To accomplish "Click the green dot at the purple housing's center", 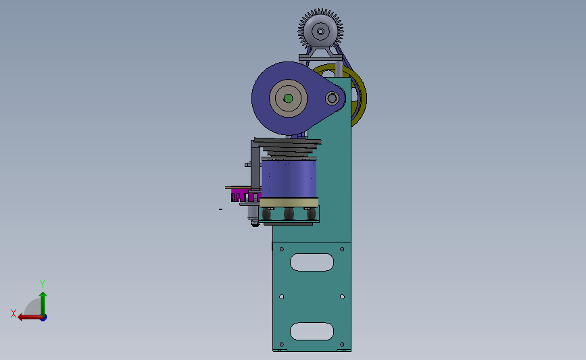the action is click(x=288, y=99).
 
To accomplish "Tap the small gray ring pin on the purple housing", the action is click(x=332, y=99).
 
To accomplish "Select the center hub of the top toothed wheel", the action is click(x=320, y=31).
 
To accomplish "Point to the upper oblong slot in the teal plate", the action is click(x=312, y=262).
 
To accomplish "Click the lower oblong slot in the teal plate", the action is click(x=312, y=331).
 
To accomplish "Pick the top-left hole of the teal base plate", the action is click(x=282, y=249).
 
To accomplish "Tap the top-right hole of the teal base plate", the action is click(x=342, y=249).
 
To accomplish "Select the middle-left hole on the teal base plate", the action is click(x=282, y=297).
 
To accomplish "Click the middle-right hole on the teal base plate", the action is click(x=342, y=297).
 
